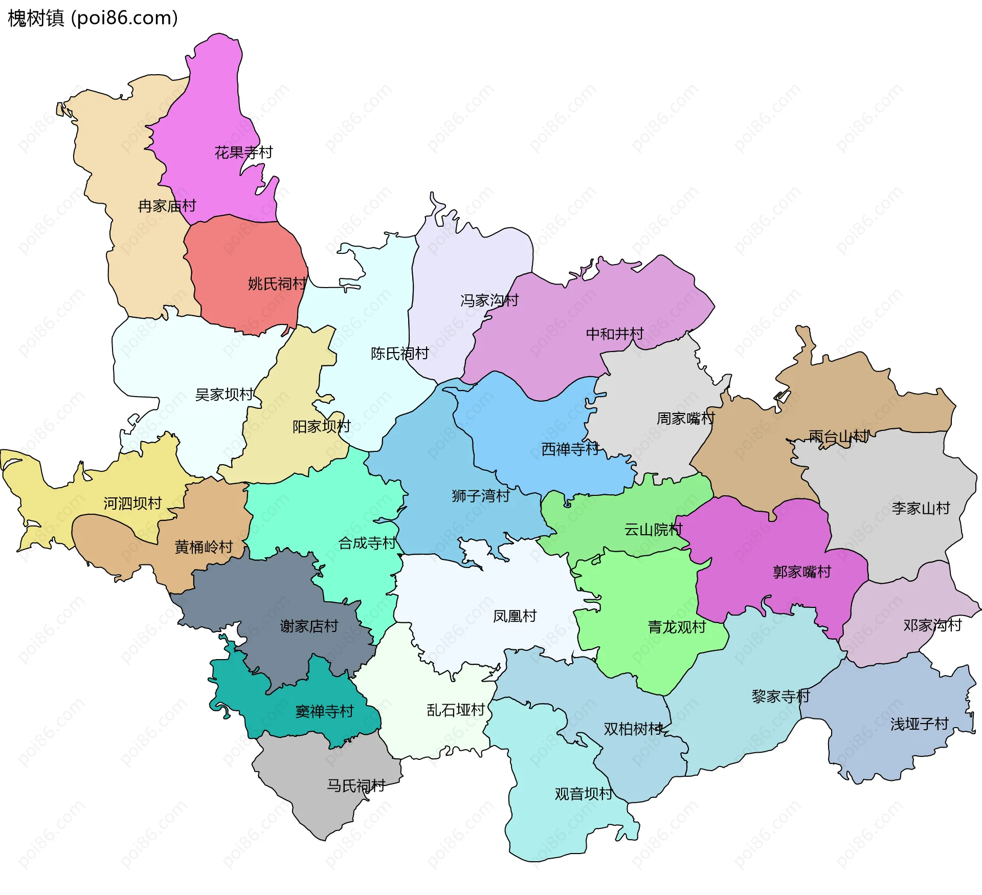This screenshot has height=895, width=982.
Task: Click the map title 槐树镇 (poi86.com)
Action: tap(93, 18)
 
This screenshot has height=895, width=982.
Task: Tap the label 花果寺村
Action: tap(243, 152)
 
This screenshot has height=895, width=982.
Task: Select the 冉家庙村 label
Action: tap(167, 206)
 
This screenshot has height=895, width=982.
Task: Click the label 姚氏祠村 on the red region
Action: tap(277, 283)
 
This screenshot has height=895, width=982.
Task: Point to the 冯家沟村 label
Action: tap(489, 300)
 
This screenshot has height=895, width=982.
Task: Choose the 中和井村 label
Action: tap(615, 334)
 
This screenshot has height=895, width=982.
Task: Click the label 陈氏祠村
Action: tap(400, 354)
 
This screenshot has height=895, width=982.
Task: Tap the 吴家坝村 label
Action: tap(224, 395)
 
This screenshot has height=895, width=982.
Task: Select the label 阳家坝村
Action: tap(321, 426)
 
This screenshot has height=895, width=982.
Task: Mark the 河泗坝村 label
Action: tap(132, 504)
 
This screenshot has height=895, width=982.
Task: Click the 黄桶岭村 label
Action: tap(204, 547)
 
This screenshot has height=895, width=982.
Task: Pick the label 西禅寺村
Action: tap(570, 449)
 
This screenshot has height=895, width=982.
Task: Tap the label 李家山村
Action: tap(921, 508)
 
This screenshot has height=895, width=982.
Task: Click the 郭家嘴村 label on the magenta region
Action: tap(802, 572)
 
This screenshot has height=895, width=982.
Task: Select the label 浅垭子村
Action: tap(920, 724)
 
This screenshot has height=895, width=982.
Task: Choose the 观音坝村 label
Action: tap(584, 794)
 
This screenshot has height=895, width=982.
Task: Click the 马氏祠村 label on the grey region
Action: tap(356, 786)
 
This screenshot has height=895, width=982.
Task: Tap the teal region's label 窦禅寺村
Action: tap(324, 711)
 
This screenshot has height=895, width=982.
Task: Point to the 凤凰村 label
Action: tap(515, 616)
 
